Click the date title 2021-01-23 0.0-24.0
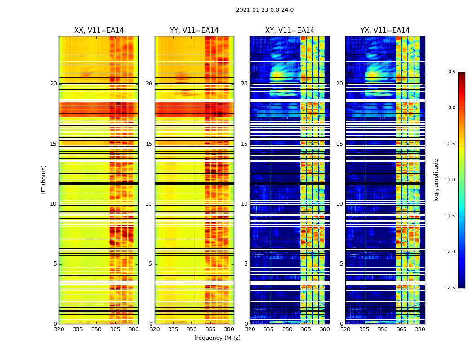coord(265,10)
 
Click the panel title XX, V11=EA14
coord(99,31)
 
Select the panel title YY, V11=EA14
coord(194,31)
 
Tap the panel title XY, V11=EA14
coord(289,31)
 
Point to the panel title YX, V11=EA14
coord(385,31)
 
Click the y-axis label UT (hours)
coord(44,180)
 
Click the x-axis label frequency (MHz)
coord(217,338)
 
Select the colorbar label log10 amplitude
coord(436,180)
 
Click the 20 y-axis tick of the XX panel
coord(53,84)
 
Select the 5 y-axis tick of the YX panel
coord(342,264)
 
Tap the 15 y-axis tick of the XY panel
coord(244,144)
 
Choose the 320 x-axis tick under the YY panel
coord(155,329)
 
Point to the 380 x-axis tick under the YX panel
coord(420,329)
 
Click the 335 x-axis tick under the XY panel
coord(269,329)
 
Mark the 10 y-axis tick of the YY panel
coord(149,204)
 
